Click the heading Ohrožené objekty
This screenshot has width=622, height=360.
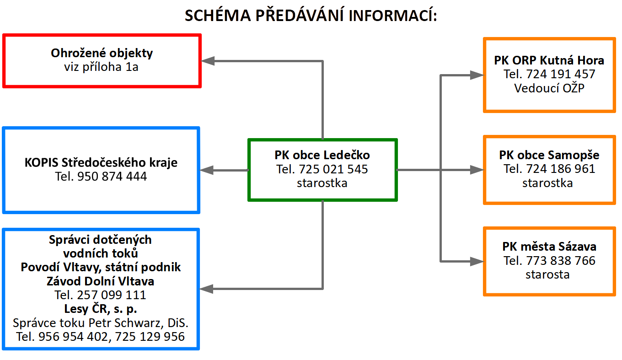102,53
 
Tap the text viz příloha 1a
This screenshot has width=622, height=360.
102,67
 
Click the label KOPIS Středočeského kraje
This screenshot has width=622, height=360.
101,162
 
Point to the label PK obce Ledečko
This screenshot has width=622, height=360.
322,155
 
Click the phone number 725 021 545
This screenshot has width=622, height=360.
333,169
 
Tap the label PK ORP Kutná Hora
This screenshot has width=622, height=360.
549,60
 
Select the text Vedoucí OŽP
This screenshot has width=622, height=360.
549,88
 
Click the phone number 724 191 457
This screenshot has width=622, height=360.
561,74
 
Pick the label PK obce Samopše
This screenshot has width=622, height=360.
549,155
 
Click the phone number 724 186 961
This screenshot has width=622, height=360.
561,169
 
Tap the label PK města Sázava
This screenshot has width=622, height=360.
549,247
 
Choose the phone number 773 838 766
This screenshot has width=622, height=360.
561,261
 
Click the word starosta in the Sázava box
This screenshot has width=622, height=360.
547,274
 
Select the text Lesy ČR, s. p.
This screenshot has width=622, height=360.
101,309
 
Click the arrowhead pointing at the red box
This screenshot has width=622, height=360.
208,60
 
